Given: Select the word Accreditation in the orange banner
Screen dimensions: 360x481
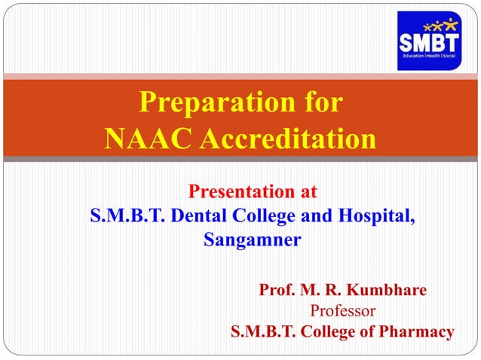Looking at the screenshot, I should click(x=285, y=139).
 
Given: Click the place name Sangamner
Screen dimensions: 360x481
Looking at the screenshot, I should click(x=253, y=241).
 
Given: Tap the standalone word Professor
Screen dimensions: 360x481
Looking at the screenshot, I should click(x=343, y=310).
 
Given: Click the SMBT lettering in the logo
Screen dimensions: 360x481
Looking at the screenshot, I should click(x=427, y=42).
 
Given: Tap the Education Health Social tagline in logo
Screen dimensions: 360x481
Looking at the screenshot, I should click(x=427, y=57).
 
